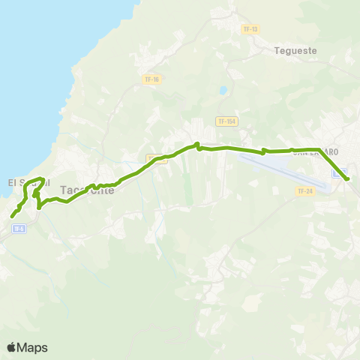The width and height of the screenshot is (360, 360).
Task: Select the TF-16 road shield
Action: pyautogui.click(x=151, y=79)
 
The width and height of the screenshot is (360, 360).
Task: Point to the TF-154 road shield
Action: pyautogui.click(x=226, y=121)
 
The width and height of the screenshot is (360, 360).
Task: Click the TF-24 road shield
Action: pyautogui.click(x=304, y=191)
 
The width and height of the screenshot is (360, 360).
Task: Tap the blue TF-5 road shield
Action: pyautogui.click(x=19, y=228)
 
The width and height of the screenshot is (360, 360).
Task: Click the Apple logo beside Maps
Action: pyautogui.click(x=12, y=347)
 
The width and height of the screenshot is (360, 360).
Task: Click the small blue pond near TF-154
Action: pyautogui.click(x=223, y=91)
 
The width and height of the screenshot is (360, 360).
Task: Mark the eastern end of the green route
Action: pyautogui.click(x=347, y=179)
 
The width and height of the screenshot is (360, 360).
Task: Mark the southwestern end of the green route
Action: pyautogui.click(x=12, y=217)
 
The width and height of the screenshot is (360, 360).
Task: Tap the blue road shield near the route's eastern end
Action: pyautogui.click(x=339, y=173)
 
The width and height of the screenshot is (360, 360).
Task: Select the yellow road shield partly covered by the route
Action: pyautogui.click(x=156, y=158)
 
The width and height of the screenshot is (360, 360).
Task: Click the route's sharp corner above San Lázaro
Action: pyautogui.click(x=319, y=149)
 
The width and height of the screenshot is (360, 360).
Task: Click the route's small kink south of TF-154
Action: pyautogui.click(x=198, y=145)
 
